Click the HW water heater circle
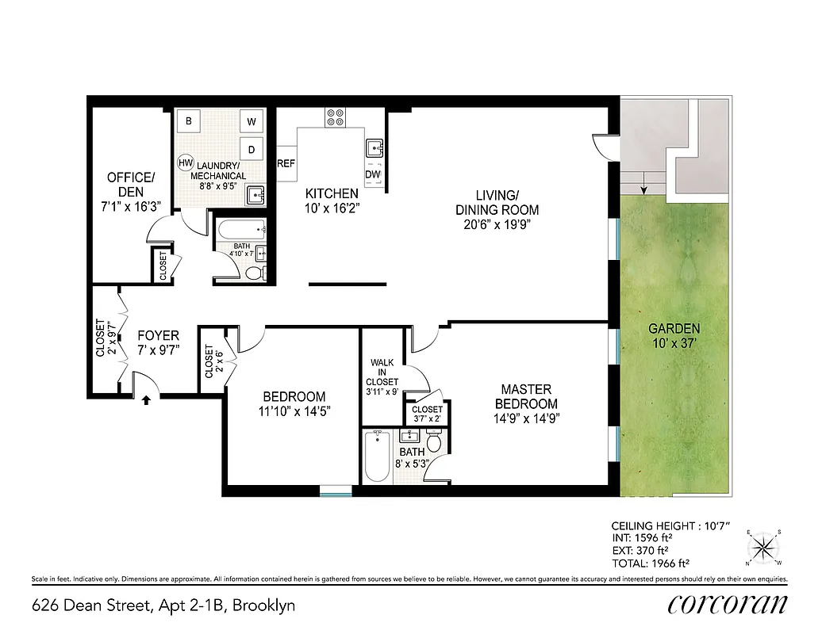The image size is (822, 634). pos(185,162)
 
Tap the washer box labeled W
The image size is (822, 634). pos(252,121)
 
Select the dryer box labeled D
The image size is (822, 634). pos(252,148)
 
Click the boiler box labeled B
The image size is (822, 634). pos(189,121)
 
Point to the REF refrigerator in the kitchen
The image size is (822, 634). pos(286,163)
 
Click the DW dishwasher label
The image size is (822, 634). pos(373,174)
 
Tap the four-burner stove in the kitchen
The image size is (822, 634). pos(334,117)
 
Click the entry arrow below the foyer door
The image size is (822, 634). pos(146,401)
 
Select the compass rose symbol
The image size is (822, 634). pos(763,546)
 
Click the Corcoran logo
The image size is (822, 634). pos(727,604)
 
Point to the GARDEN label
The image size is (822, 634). pos(674,328)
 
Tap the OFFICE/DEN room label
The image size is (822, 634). pos(131,184)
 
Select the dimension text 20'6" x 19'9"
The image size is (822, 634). pos(497,224)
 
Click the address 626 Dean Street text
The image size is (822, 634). pos(163,606)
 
